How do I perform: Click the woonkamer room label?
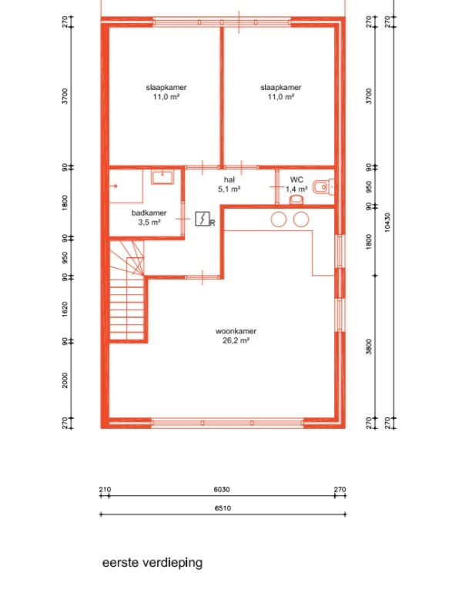(236, 331)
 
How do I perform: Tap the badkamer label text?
(149, 213)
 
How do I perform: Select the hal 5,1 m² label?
(229, 184)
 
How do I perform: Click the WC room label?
(296, 179)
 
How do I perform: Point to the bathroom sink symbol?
(162, 177)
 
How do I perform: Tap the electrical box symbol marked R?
(203, 219)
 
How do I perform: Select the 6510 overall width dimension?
(223, 508)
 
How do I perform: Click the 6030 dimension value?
(222, 490)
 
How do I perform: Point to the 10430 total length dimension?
(387, 223)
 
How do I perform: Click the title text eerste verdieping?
(152, 563)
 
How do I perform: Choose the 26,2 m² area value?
(236, 340)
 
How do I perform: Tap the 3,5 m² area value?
(149, 223)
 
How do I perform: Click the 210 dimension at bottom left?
(105, 490)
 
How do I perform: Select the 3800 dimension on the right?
(369, 347)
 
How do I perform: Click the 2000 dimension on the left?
(65, 380)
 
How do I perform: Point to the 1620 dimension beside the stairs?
(65, 310)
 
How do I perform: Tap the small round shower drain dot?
(116, 186)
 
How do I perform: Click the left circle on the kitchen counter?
(279, 219)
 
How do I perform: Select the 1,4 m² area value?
(296, 189)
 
